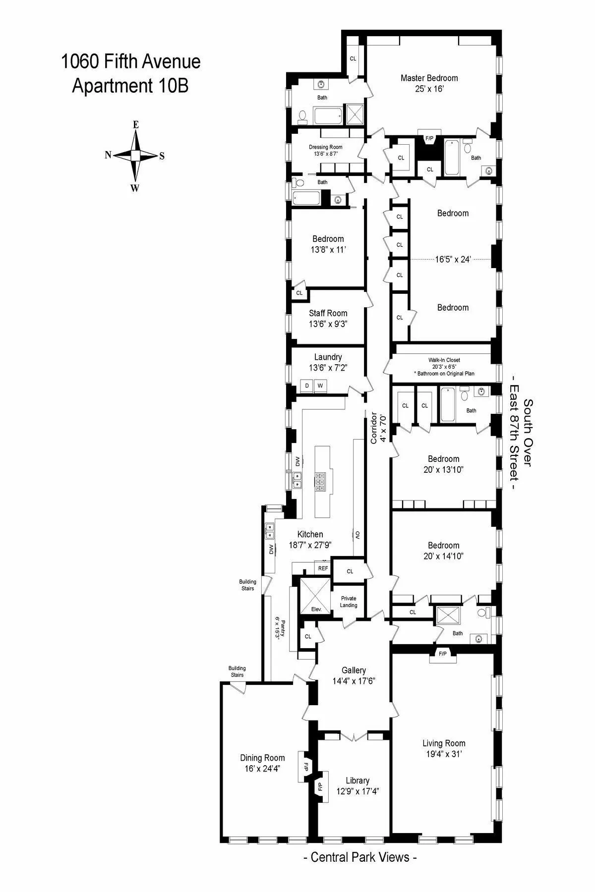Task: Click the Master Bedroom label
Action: [429, 78]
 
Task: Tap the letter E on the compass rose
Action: [135, 125]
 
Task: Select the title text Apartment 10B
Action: [130, 86]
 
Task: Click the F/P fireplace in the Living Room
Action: [442, 654]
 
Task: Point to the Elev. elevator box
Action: [316, 609]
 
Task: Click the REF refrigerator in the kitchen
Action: [323, 568]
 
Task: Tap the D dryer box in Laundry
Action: [307, 386]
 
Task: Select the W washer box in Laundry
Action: [320, 386]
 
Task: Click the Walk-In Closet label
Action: [444, 360]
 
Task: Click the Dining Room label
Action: [262, 758]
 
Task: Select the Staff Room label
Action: [328, 313]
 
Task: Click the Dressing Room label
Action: [325, 147]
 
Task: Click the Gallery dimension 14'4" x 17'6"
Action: [354, 681]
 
